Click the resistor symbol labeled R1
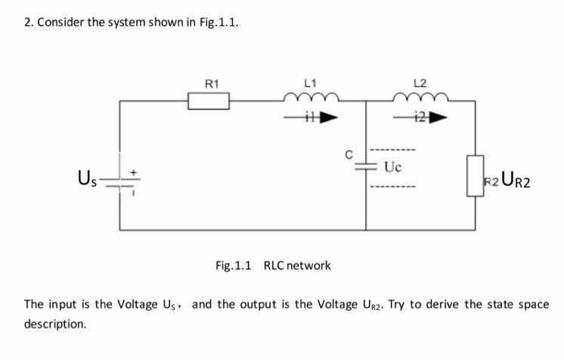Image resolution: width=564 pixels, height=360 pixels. [209, 101]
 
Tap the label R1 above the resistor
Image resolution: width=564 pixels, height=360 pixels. [211, 83]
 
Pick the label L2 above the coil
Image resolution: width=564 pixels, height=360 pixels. [419, 83]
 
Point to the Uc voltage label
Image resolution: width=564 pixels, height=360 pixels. [392, 168]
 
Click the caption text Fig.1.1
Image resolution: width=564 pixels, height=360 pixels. [234, 265]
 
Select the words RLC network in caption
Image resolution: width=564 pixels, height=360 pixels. [297, 265]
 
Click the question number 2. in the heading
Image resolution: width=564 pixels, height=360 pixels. [28, 22]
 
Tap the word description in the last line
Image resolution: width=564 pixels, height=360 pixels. [55, 324]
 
